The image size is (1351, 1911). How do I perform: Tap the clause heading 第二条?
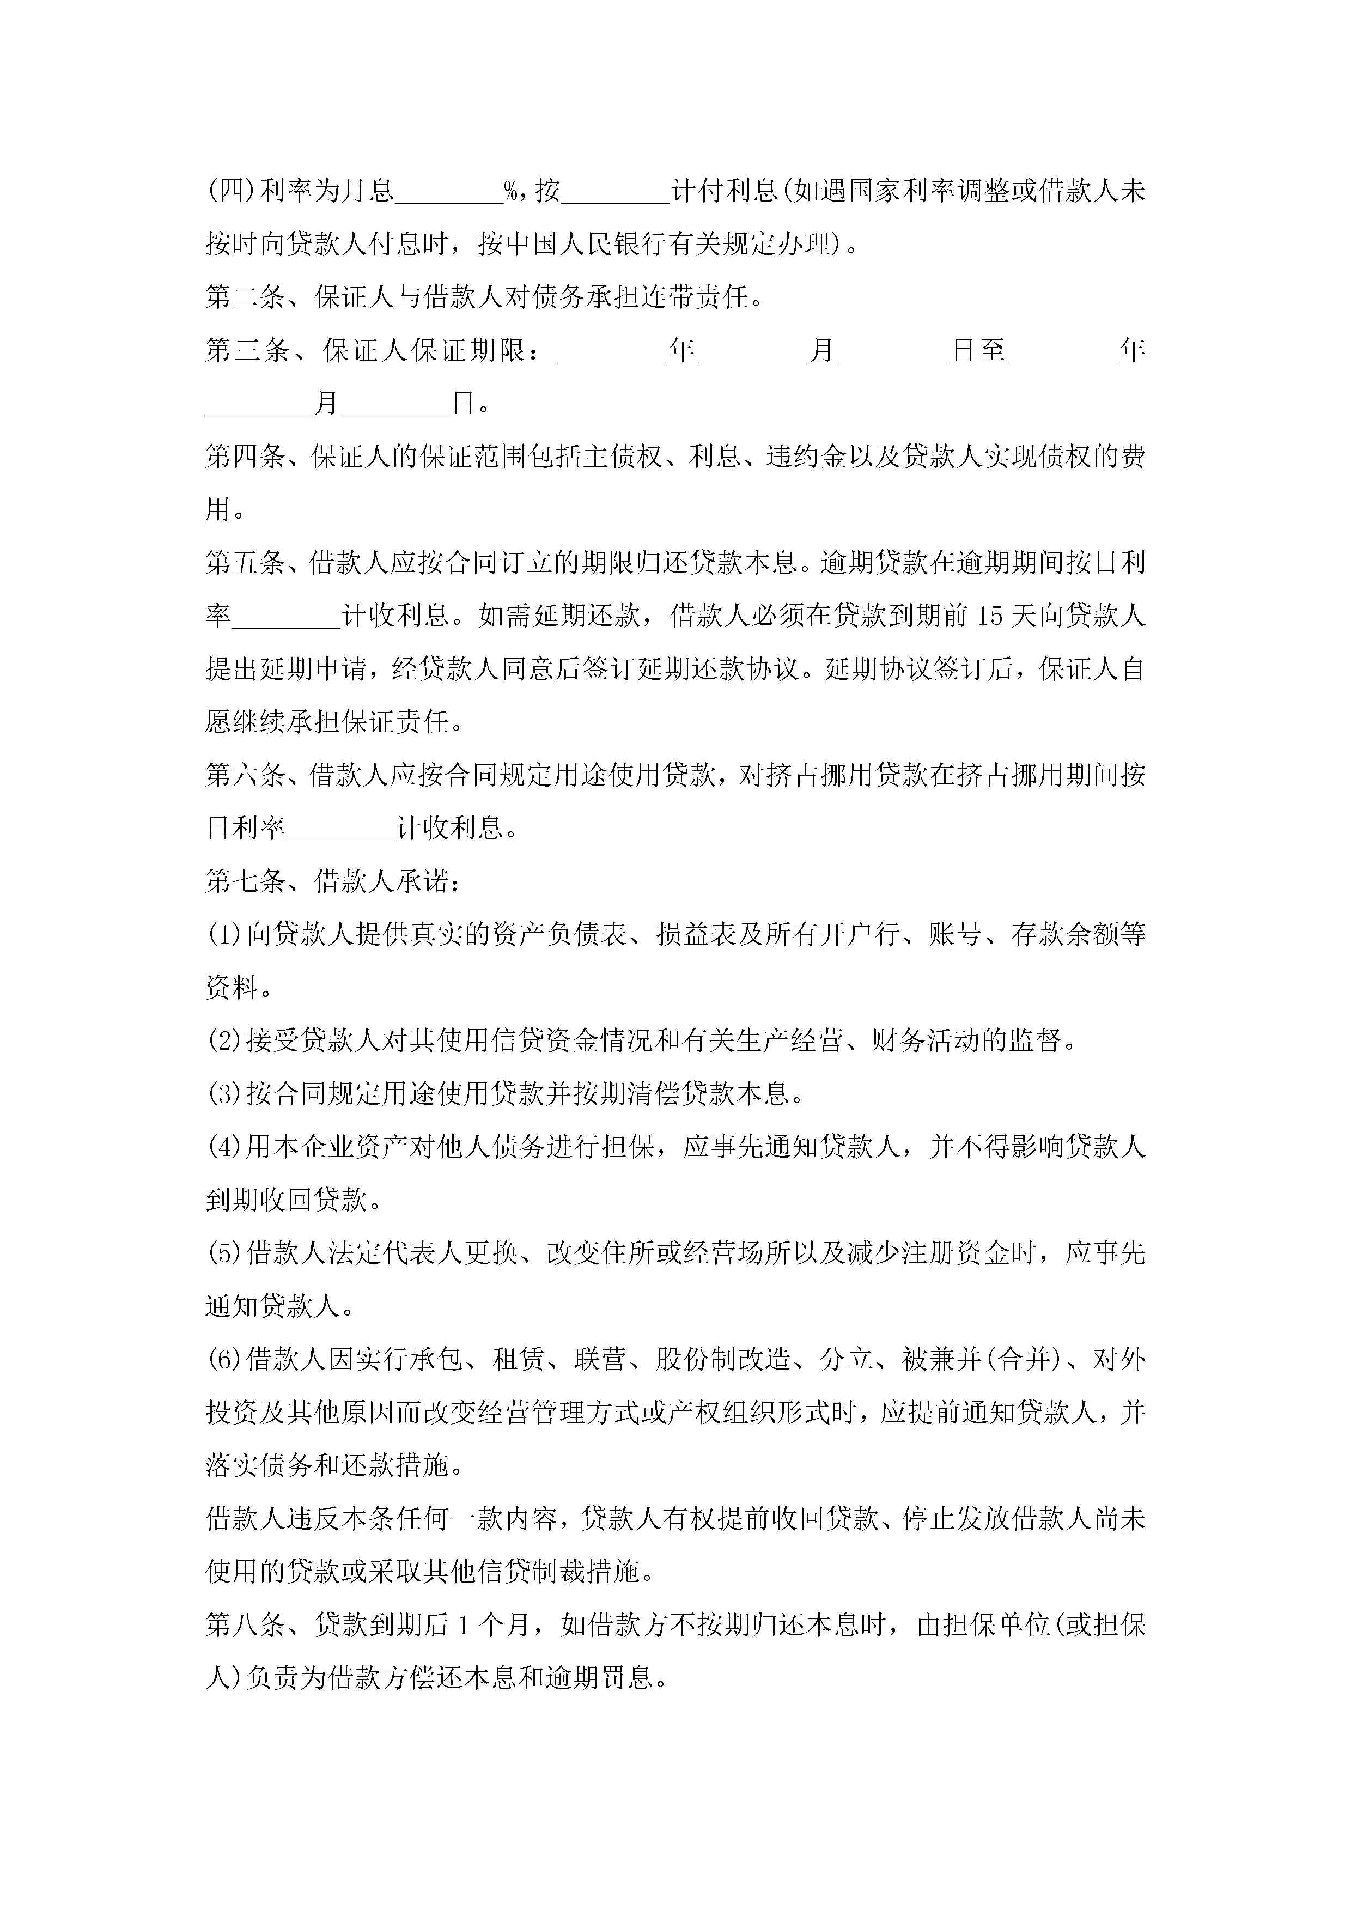(246, 297)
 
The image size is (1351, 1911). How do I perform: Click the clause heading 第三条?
(246, 350)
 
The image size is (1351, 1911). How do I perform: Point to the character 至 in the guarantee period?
(992, 350)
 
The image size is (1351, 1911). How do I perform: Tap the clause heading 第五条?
(246, 563)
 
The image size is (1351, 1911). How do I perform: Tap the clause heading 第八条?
(246, 1626)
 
